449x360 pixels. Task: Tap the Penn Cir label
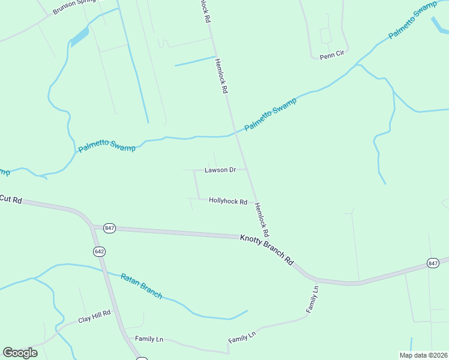pos(331,54)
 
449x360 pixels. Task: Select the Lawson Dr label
pos(220,170)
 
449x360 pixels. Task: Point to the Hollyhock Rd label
pos(228,202)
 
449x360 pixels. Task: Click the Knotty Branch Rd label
pos(267,249)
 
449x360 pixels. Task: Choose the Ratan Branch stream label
pos(142,286)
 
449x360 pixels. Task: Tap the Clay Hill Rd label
pos(94,316)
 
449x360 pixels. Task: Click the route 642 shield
pos(99,251)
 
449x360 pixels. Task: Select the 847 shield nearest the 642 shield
pos(109,228)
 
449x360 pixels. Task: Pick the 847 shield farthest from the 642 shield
pos(433,263)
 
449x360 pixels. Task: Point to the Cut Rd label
pos(11,199)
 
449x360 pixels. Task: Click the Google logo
pos(20,352)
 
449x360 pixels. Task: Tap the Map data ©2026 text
pos(423,355)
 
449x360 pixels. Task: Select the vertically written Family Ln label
pos(312,299)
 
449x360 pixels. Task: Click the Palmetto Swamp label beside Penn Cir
pos(412,21)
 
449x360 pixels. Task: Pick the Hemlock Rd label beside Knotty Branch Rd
pos(262,218)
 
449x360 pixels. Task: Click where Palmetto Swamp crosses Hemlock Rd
pos(234,133)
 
